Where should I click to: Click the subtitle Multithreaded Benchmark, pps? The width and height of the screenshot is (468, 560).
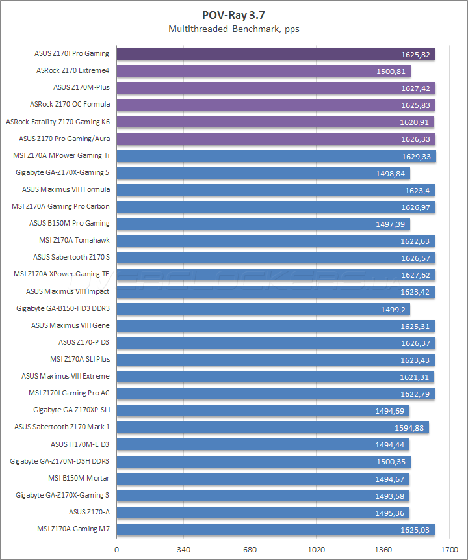pos(233,29)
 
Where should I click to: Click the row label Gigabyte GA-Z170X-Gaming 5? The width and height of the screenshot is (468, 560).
pos(62,172)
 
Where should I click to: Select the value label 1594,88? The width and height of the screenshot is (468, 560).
pos(409,427)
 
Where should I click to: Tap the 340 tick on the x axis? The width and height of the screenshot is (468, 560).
pos(183,550)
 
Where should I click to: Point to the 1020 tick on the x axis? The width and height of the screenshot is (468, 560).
pos(317,550)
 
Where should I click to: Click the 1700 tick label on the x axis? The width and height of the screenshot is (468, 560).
pos(449,550)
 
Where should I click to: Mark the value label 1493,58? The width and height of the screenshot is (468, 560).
pos(391,496)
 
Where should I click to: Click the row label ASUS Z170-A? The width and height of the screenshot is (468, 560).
pos(89,512)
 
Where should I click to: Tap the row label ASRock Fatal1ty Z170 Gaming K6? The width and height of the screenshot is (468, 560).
pos(58,122)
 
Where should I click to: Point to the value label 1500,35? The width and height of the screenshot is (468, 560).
pos(391,461)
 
